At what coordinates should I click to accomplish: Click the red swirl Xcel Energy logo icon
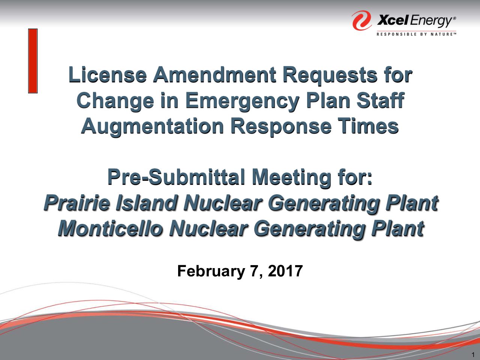[x=362, y=20]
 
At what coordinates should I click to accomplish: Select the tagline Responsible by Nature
[x=416, y=34]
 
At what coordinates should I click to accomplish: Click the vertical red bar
[x=33, y=61]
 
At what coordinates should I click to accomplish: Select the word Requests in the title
[x=330, y=76]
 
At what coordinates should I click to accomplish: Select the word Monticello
[x=110, y=228]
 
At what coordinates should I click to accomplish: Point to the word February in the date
[x=211, y=271]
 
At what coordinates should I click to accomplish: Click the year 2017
[x=285, y=271]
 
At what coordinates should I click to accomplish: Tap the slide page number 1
[x=473, y=354]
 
